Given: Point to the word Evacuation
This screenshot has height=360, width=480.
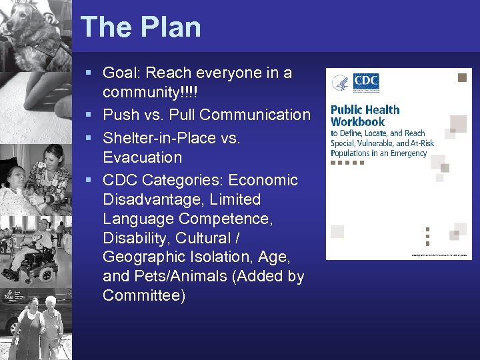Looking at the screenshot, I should pos(142,157).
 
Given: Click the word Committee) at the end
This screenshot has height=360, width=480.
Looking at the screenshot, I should pos(144,295).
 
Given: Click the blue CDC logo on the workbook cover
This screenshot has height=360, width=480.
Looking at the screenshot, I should pos(366,83).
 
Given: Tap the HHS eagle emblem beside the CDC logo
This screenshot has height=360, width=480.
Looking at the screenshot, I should pos(341,84).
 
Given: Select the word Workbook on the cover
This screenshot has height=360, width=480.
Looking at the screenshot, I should pos(358,122).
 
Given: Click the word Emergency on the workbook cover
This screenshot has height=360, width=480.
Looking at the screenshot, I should pos(409,153).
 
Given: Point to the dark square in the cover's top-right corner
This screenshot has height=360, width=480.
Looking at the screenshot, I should pos(461,78).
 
